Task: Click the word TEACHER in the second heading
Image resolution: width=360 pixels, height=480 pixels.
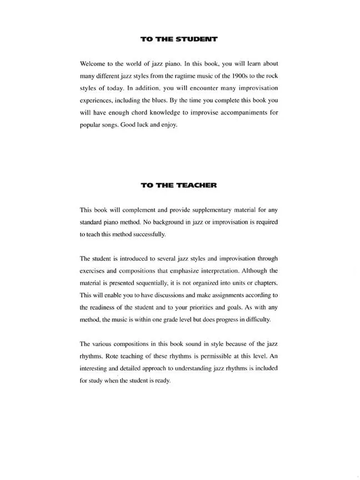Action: [x=197, y=185]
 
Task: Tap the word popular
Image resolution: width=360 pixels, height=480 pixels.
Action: [x=92, y=125]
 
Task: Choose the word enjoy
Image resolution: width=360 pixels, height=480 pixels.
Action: [x=168, y=125]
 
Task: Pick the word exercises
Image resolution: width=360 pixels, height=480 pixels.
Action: [x=94, y=271]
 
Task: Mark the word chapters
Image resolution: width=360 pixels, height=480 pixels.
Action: [x=264, y=283]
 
